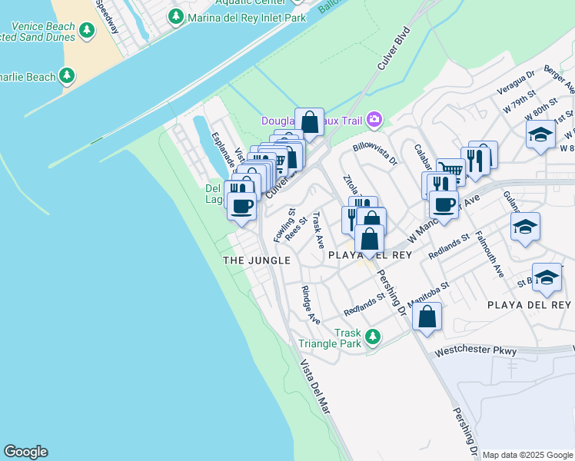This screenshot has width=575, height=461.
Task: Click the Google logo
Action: pyautogui.click(x=25, y=452)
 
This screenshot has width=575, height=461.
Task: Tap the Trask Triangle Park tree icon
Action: pyautogui.click(x=373, y=337)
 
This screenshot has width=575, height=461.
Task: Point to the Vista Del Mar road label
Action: pyautogui.click(x=315, y=387)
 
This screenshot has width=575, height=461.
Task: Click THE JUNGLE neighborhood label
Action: pyautogui.click(x=257, y=260)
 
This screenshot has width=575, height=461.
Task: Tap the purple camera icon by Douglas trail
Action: pyautogui.click(x=374, y=119)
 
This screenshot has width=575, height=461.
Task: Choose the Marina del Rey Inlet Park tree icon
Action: pyautogui.click(x=176, y=16)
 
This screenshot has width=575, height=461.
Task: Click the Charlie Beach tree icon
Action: pyautogui.click(x=68, y=76)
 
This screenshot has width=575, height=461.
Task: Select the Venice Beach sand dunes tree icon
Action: pyautogui.click(x=87, y=31)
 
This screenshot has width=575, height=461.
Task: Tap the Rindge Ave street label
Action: pyautogui.click(x=310, y=304)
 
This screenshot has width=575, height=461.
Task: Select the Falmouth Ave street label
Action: pyautogui.click(x=489, y=254)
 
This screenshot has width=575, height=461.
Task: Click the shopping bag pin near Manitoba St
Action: pyautogui.click(x=427, y=316)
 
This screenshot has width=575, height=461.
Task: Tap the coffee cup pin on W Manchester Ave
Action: pyautogui.click(x=444, y=204)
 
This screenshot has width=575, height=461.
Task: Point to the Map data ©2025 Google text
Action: pyautogui.click(x=527, y=455)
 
